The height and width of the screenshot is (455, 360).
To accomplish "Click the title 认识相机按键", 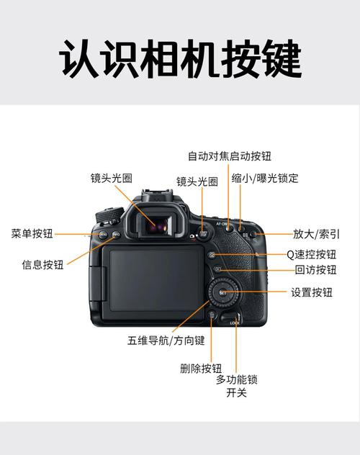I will coord(179,59).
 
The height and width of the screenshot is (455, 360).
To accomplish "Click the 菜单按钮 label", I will coord(32,233).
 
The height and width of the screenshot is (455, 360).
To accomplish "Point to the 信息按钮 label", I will coord(42,264).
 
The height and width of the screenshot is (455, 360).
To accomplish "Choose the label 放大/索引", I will coord(316,233).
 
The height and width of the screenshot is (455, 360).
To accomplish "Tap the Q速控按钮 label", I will coord(311,254).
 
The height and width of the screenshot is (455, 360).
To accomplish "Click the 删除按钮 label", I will coord(201,368).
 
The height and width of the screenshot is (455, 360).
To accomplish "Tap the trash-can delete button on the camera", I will coord(212,315).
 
